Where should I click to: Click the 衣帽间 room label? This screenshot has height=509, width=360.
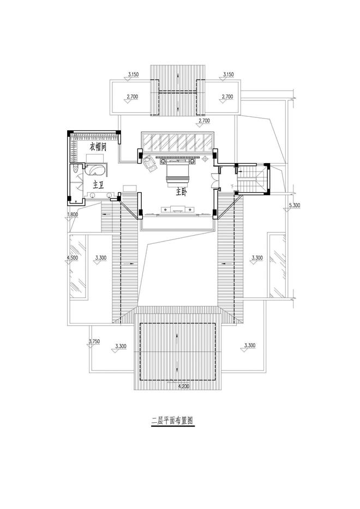point(98,148)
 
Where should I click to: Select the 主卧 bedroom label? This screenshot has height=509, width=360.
point(182,192)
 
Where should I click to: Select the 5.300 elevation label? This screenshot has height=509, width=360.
point(294,205)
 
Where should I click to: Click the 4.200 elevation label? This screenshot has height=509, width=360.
point(184,386)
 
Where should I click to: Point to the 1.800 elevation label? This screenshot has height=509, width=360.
point(72,214)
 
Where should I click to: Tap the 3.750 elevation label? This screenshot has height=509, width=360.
point(94,342)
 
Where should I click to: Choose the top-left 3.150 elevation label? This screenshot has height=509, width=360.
point(133,74)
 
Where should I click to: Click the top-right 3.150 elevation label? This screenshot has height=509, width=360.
point(228,74)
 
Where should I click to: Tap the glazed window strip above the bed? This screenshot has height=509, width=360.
point(177,141)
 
